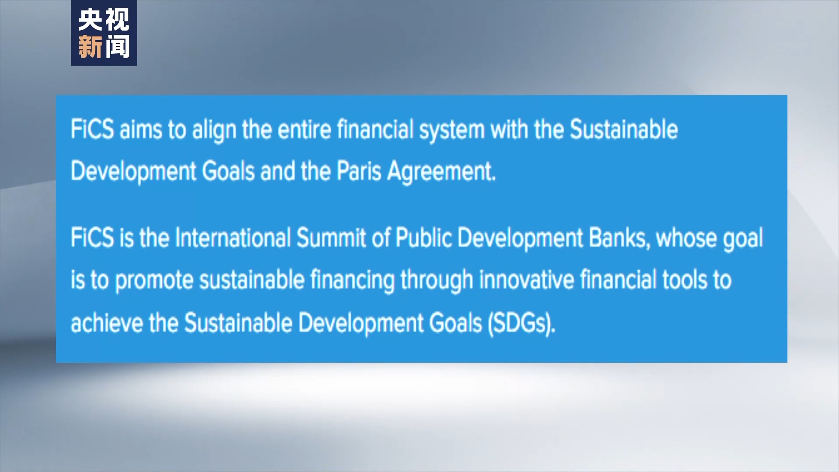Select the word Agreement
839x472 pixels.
click(441, 172)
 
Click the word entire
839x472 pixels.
click(304, 130)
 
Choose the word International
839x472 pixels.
click(232, 238)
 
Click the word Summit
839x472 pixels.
click(331, 238)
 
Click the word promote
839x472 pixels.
click(154, 281)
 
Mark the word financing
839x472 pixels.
click(352, 281)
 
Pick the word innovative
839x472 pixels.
click(527, 280)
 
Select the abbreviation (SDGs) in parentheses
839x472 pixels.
click(521, 324)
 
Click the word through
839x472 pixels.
click(437, 281)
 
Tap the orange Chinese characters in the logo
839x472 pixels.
click(104, 47)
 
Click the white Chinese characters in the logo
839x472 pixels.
click(104, 20)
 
